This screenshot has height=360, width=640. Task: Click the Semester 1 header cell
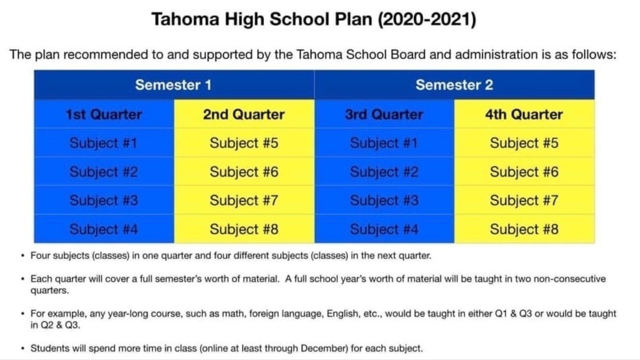pyautogui.click(x=173, y=85)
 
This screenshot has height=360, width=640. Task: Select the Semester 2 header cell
pyautogui.click(x=454, y=85)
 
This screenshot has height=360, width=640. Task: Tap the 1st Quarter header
pyautogui.click(x=104, y=115)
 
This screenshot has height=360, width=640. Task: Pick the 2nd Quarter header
pyautogui.click(x=244, y=115)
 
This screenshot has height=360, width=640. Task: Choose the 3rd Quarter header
pyautogui.click(x=384, y=115)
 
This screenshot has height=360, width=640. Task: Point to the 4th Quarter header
pyautogui.click(x=524, y=115)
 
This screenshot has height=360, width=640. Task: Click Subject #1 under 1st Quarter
pyautogui.click(x=104, y=143)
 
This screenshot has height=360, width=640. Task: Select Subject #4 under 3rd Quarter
pyautogui.click(x=384, y=229)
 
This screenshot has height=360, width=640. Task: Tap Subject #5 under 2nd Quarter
pyautogui.click(x=244, y=143)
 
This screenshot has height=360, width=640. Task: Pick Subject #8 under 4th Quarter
pyautogui.click(x=524, y=229)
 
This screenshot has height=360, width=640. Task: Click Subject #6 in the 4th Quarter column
pyautogui.click(x=524, y=172)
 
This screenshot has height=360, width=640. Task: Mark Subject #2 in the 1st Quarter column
pyautogui.click(x=104, y=172)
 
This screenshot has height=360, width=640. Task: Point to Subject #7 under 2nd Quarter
pyautogui.click(x=244, y=200)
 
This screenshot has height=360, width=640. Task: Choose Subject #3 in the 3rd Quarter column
pyautogui.click(x=384, y=200)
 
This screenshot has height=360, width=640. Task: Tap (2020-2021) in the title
pyautogui.click(x=427, y=20)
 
